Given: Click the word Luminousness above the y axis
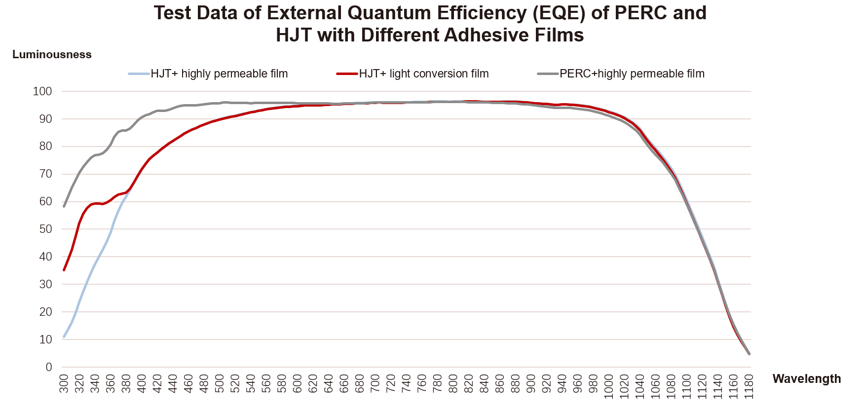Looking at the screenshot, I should [52, 55].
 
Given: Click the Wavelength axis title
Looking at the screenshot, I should [806, 378].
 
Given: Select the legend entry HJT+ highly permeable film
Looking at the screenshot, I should [219, 74].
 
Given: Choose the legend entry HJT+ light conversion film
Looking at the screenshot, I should [423, 74].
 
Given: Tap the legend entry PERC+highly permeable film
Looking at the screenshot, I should [632, 74].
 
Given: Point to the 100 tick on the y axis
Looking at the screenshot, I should [42, 91].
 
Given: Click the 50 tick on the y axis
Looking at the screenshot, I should [45, 229].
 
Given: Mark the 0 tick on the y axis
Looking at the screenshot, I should [48, 367].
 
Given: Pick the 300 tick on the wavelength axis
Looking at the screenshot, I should [64, 383].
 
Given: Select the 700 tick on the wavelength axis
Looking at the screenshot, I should [376, 383].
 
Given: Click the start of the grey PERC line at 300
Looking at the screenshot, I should [64, 206].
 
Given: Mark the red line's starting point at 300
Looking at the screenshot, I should [64, 270].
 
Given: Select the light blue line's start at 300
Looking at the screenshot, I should [64, 337].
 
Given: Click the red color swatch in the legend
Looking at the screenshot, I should [347, 74].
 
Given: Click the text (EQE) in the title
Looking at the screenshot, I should [560, 13].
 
